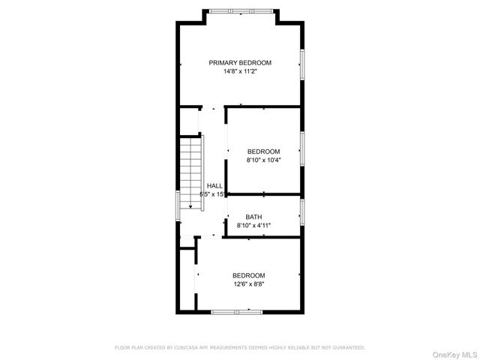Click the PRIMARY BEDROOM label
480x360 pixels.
tap(240, 63)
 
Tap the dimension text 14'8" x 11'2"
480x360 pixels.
tap(240, 72)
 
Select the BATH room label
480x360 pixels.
tap(253, 217)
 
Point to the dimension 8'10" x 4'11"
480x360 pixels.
tap(253, 225)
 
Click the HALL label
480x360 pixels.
tap(214, 185)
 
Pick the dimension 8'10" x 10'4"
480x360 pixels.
tap(263, 160)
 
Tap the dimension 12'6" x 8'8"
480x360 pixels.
tap(248, 284)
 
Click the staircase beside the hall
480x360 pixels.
tap(191, 173)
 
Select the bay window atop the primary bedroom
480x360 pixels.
tap(240, 10)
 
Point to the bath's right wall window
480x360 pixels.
tap(302, 212)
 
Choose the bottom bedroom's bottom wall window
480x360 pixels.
tap(238, 311)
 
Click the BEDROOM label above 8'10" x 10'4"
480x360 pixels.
tap(263, 151)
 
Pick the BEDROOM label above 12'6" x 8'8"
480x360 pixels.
tap(248, 275)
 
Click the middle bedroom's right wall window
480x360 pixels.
tap(302, 149)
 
